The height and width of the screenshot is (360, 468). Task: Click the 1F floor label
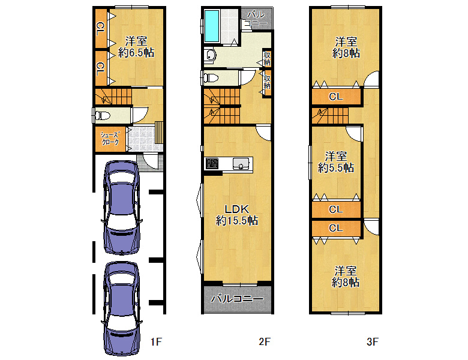click(156, 341)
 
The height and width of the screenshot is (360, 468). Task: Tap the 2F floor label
click(265, 341)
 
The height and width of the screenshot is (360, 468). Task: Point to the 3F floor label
click(373, 341)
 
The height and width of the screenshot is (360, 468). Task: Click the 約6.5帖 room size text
click(136, 53)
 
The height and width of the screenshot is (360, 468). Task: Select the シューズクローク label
click(110, 139)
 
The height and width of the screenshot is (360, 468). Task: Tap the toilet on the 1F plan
click(103, 115)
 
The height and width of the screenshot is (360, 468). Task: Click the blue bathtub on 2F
click(212, 26)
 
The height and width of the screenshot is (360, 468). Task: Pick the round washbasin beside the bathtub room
click(211, 55)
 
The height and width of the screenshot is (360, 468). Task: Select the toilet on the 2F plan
click(211, 78)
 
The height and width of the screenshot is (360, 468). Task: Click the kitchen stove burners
click(212, 164)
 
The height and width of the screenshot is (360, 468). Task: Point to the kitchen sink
click(241, 164)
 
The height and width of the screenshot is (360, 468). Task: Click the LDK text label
click(236, 209)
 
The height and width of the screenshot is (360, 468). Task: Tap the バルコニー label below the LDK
click(237, 299)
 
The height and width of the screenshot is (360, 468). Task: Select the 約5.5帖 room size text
click(336, 167)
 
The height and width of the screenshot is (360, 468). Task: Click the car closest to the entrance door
click(121, 208)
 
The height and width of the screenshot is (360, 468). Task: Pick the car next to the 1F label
click(121, 308)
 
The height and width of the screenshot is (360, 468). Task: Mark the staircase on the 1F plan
click(113, 96)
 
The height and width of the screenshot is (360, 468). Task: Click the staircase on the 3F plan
click(330, 116)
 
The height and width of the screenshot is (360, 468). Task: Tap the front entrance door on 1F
click(151, 161)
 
